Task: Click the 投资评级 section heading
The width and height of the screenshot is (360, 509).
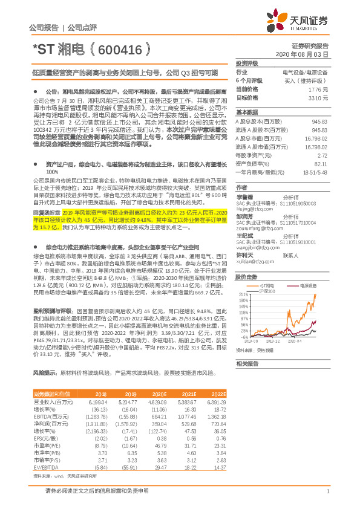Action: pos(247,63)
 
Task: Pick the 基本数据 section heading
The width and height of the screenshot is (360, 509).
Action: pos(247,113)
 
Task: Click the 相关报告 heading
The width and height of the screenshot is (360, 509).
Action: pos(247,364)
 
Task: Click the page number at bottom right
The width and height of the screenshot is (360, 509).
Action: pos(327,491)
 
